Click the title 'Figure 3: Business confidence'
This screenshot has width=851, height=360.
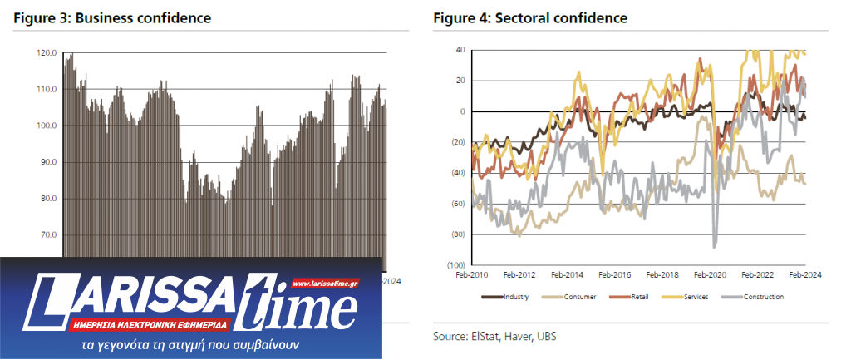(x=111, y=17)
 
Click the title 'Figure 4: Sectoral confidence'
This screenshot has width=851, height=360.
(x=529, y=17)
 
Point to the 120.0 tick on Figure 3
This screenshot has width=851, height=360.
(x=47, y=53)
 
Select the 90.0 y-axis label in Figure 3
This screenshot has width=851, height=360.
(x=47, y=162)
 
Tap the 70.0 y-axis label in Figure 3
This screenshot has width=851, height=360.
(x=47, y=234)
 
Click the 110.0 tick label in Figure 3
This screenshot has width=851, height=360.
(x=47, y=90)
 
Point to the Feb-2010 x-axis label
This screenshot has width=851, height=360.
(x=471, y=274)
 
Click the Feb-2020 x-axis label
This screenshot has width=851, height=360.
(x=711, y=274)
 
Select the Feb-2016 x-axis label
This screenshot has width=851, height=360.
(x=615, y=274)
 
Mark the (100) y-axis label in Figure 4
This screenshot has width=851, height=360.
(x=456, y=264)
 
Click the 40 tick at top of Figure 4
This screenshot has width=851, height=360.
(x=460, y=50)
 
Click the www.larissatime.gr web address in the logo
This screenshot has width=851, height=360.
(x=325, y=284)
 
